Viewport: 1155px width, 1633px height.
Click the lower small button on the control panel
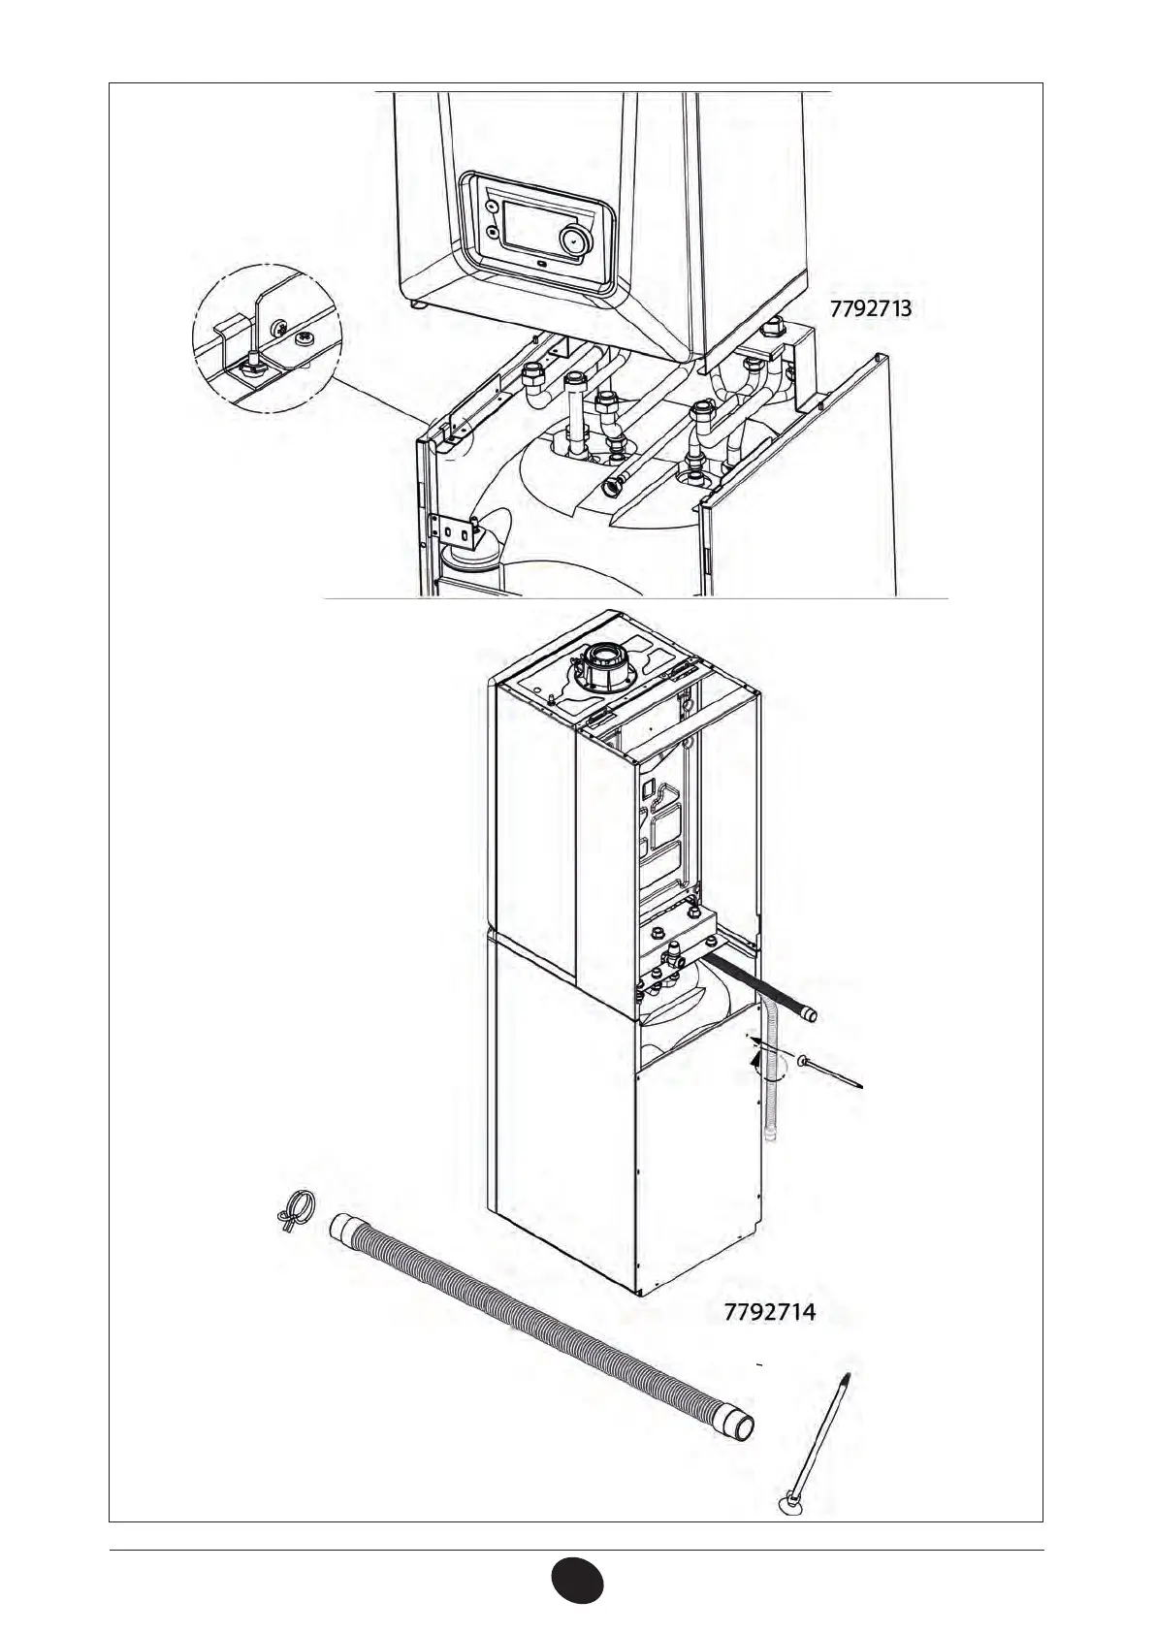click(x=492, y=234)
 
